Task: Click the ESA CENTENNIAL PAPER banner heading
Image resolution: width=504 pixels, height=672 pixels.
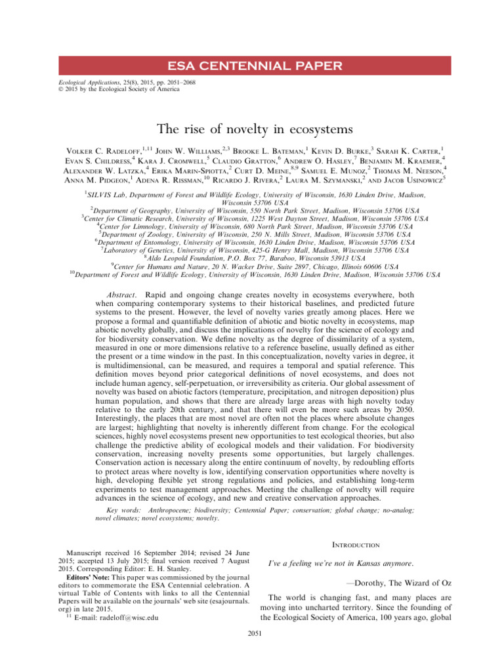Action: pyautogui.click(x=252, y=66)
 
